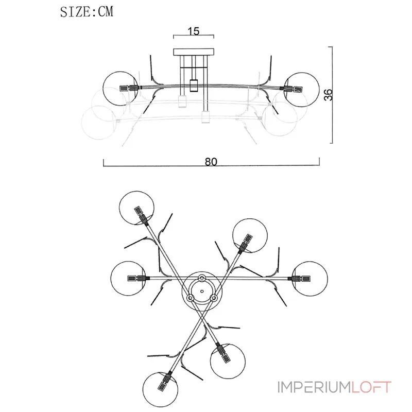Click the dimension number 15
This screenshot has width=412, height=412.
tap(194, 31)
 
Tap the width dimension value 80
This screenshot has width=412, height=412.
tap(211, 162)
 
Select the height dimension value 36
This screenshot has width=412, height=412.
tap(328, 95)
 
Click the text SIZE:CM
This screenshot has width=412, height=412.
tap(87, 12)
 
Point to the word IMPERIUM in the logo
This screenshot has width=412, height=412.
tap(314, 387)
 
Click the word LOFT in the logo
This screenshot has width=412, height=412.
tap(371, 387)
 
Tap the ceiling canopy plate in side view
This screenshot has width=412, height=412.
tap(194, 52)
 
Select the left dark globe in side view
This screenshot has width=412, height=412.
tap(121, 88)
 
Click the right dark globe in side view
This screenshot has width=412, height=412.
tap(302, 90)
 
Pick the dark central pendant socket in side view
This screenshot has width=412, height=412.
tap(194, 85)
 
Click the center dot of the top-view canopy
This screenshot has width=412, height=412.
tap(202, 291)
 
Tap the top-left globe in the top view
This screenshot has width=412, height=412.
tap(136, 208)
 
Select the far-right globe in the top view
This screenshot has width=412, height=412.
tap(310, 279)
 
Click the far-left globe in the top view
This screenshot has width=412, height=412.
tap(128, 279)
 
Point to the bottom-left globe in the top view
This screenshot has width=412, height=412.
tap(160, 389)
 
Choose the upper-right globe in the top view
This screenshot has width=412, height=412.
tap(250, 235)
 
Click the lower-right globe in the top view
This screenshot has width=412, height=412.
tap(228, 362)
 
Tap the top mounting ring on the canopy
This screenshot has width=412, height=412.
tap(202, 278)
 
